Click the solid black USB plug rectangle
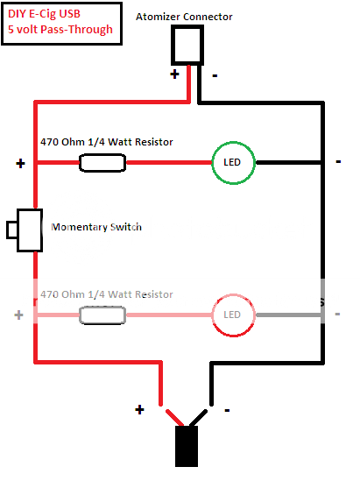(x=187, y=446)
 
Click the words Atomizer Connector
(x=184, y=17)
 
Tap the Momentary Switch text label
(x=96, y=227)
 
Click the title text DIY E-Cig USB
(x=44, y=14)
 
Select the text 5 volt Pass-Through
(x=60, y=30)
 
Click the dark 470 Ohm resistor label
(x=107, y=142)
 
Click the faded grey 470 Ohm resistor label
(x=107, y=294)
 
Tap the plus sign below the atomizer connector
(x=175, y=74)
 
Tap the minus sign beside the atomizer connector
(x=215, y=75)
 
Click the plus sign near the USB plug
(x=139, y=410)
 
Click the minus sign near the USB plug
(x=227, y=410)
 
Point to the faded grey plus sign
(x=18, y=315)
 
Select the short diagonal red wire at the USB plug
(x=175, y=418)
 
